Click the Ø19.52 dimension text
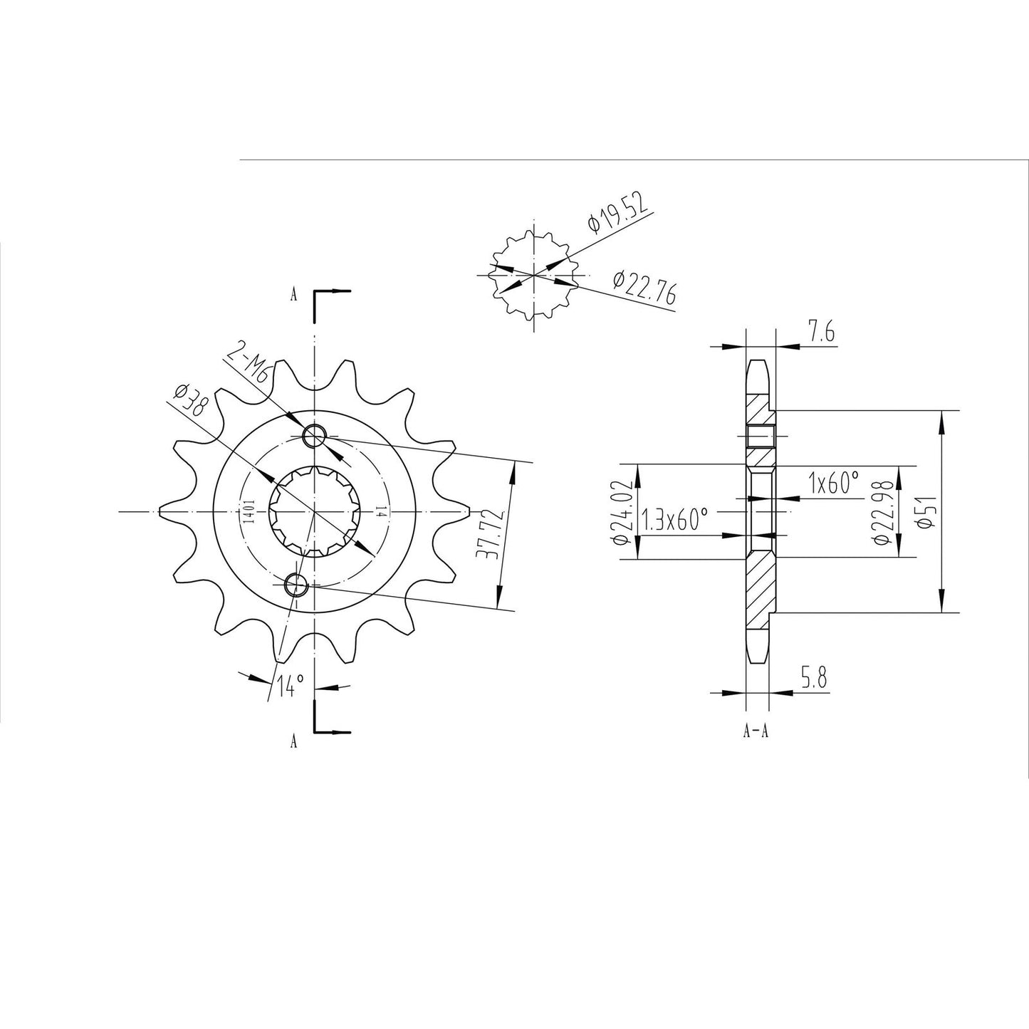coord(618,212)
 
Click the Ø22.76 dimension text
coord(644,288)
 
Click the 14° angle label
coord(291,686)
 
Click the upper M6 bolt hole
coord(314,435)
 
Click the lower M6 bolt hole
coord(296,585)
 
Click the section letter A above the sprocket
coord(293,296)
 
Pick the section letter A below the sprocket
coord(293,742)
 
